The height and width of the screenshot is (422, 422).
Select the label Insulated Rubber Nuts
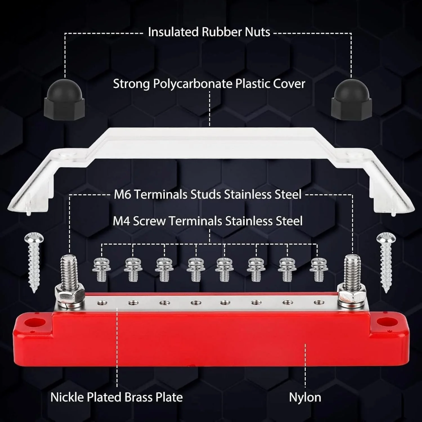(209, 32)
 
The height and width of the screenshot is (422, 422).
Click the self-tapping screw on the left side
(34, 262)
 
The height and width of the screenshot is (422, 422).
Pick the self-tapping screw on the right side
(386, 262)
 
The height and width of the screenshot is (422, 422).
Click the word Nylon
(305, 397)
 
